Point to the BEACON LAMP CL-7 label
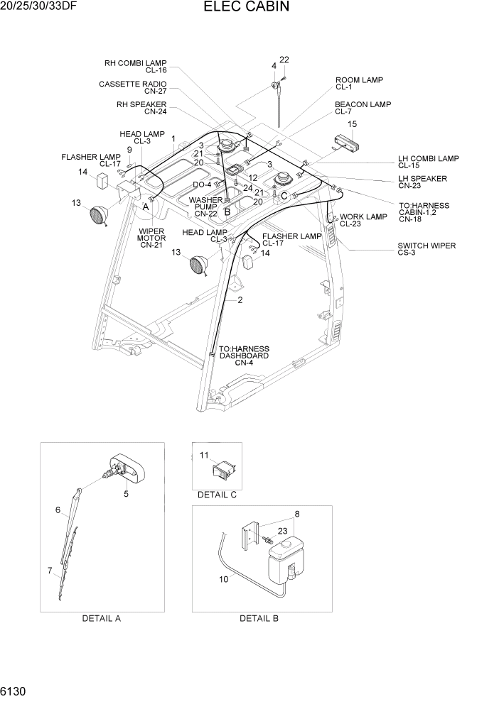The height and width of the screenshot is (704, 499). [363, 108]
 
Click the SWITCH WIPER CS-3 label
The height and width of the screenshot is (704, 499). [426, 249]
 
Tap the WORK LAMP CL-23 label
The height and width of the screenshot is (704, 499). [363, 220]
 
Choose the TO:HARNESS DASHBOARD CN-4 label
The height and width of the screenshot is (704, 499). [244, 356]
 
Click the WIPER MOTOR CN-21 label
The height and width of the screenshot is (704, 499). [151, 238]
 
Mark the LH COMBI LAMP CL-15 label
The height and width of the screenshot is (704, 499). [428, 162]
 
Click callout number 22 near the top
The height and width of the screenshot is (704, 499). [284, 60]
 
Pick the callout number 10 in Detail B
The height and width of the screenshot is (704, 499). [225, 580]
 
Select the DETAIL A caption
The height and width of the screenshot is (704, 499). [102, 618]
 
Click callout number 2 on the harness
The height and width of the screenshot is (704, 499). [240, 300]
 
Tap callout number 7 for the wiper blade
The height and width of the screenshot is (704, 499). [50, 570]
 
